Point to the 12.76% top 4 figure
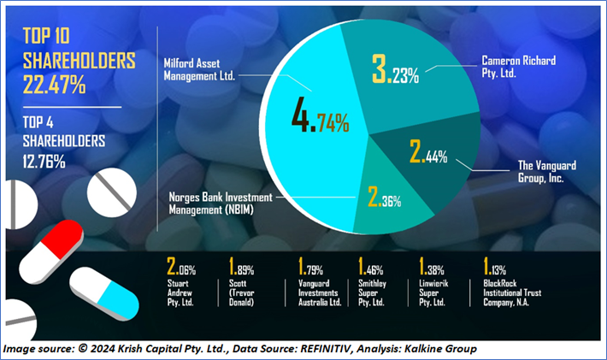click(40, 158)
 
